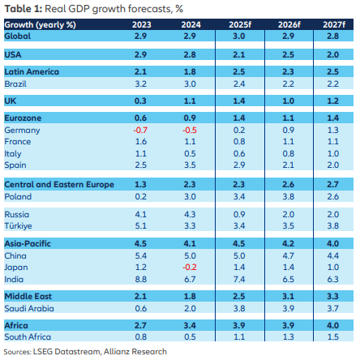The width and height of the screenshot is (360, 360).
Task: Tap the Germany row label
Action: coord(22,130)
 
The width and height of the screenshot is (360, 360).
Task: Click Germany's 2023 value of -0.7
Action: coord(141,130)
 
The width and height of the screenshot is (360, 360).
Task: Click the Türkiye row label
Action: coord(19,225)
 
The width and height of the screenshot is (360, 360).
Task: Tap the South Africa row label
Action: coord(28,336)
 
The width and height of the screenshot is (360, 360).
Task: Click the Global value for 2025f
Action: coord(237,37)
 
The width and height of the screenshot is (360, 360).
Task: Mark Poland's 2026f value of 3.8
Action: coord(285,195)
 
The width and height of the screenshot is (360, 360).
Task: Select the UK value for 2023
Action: coord(141,100)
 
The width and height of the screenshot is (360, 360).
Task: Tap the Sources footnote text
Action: coord(85,351)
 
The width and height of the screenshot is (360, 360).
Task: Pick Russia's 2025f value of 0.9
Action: coord(237,214)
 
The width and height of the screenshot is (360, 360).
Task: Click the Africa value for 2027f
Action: coord(332,325)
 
